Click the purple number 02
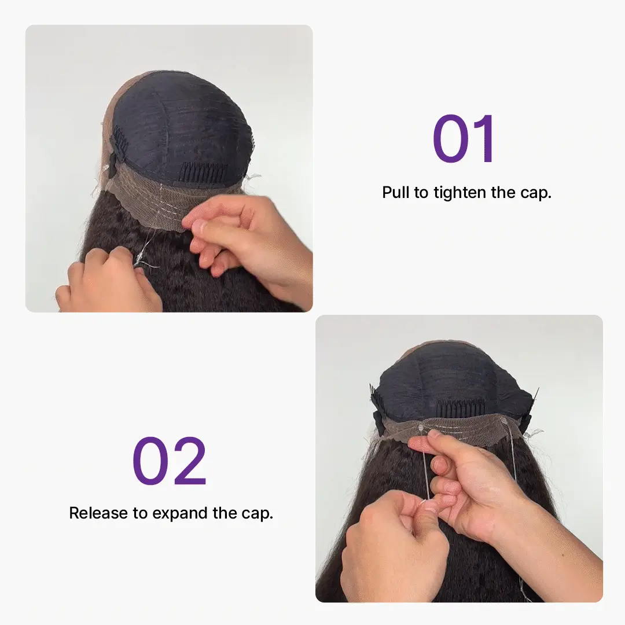[169, 461]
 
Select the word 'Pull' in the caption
[396, 193]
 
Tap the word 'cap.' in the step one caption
[536, 193]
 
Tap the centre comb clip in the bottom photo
[455, 409]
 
